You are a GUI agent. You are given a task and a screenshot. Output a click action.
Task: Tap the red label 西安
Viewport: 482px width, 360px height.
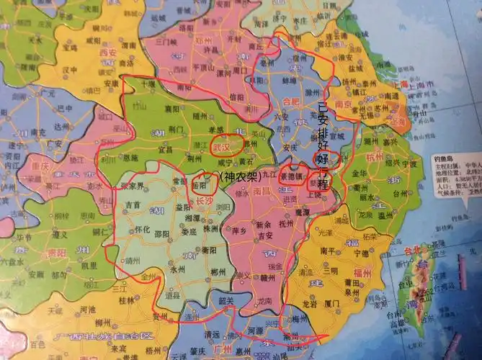point(108,53)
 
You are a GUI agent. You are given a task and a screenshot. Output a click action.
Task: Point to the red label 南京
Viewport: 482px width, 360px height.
point(343,104)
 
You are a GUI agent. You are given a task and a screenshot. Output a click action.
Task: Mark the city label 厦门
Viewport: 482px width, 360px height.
point(333,303)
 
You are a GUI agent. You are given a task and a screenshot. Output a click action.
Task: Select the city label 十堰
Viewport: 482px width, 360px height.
point(148,84)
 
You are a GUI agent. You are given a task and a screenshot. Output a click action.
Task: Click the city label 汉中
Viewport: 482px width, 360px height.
point(70,71)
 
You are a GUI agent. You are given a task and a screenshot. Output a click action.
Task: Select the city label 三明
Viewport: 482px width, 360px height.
point(329,270)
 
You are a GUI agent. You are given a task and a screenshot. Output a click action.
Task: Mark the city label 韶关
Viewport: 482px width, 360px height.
point(227,301)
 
